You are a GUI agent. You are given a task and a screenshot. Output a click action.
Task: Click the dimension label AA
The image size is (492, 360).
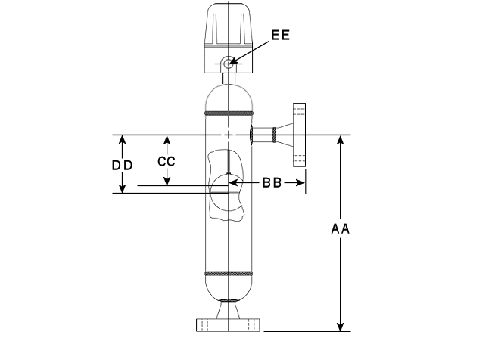341,229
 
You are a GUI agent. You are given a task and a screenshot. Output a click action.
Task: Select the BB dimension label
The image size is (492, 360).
272,182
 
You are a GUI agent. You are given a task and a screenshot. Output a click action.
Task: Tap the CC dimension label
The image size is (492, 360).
167,162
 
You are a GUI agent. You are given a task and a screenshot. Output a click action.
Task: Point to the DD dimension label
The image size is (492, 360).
123,166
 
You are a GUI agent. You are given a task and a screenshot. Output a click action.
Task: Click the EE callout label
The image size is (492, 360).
281,35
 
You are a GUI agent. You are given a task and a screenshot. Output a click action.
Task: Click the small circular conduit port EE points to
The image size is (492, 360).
227,63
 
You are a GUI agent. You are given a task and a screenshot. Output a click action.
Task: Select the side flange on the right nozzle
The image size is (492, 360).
299,135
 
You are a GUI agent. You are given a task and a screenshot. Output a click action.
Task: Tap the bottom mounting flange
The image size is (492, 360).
229,325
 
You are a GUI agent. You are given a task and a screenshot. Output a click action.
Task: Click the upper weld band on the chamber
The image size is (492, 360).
229,113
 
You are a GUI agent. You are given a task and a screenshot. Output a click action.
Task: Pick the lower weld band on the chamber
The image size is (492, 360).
229,274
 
